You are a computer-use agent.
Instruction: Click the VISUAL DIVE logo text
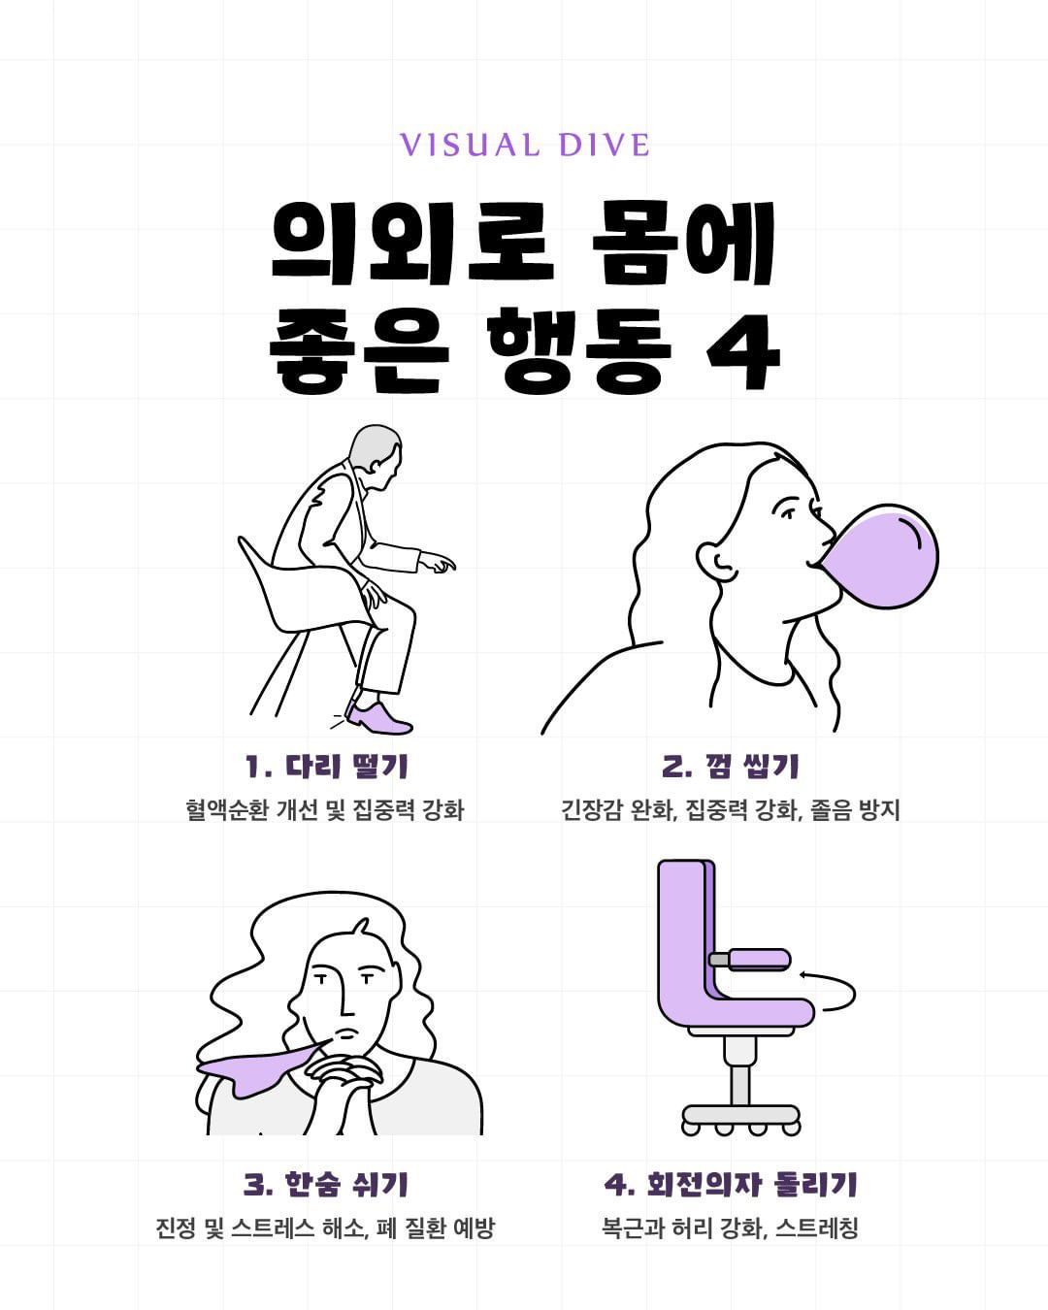[x=524, y=146]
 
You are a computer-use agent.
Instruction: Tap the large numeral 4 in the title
[x=742, y=351]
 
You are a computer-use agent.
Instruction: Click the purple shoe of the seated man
[x=378, y=719]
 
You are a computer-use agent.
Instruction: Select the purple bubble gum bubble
[x=878, y=556]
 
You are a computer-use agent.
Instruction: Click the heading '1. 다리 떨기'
[x=326, y=766]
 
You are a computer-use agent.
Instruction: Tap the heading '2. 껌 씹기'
[x=730, y=766]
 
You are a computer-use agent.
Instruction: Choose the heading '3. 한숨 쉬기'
[x=326, y=1184]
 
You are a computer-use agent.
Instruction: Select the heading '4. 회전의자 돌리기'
[x=730, y=1184]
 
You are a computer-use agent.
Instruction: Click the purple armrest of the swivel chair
[x=759, y=959]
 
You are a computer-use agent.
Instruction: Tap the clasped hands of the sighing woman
[x=344, y=1077]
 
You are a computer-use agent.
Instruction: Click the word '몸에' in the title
[x=683, y=244]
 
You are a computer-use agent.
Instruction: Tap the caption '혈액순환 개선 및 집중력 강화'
[x=325, y=809]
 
